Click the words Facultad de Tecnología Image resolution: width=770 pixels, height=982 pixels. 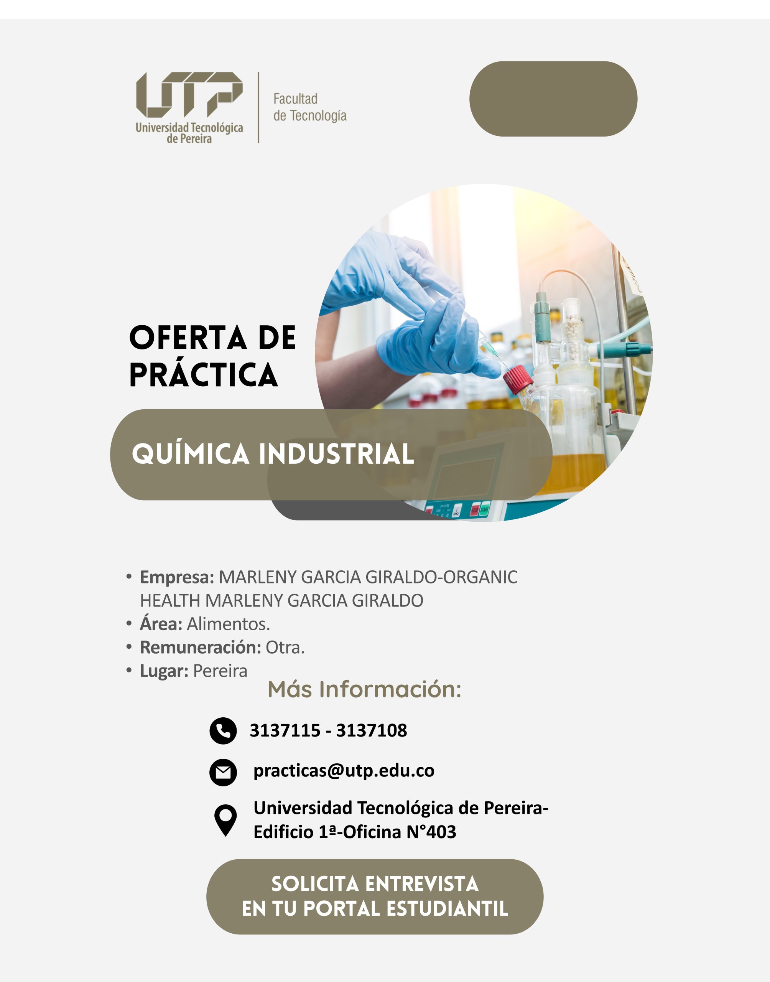point(310,107)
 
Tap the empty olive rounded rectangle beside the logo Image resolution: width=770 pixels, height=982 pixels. point(553,99)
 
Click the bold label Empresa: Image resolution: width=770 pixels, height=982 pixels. point(177,577)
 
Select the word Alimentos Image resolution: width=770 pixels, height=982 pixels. point(229,624)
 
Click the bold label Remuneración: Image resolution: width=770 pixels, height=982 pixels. point(201,648)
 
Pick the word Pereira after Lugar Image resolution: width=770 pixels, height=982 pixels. point(220,671)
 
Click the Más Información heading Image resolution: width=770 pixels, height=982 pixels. point(364,689)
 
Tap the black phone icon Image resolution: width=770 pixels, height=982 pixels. point(223,730)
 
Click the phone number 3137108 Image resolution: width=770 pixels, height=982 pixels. point(372,730)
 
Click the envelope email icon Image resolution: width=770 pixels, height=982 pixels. point(223,773)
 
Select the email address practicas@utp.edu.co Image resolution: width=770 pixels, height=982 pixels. point(344,771)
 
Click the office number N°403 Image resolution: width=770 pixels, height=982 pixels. point(431,832)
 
